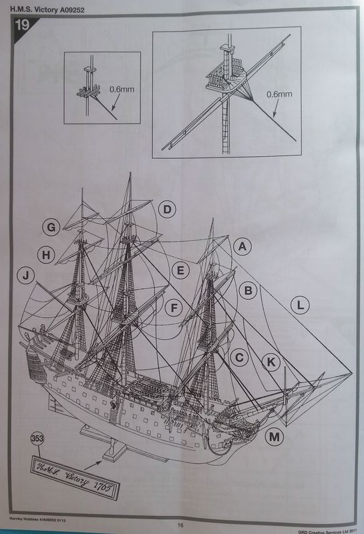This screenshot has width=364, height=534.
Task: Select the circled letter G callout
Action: [50, 228]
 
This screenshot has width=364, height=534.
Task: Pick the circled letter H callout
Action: [45, 254]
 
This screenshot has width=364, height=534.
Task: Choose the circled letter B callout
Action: [248, 290]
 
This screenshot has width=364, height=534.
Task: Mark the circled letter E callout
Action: [179, 270]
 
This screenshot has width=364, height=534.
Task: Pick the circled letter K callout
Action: [271, 361]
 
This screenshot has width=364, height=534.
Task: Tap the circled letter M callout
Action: [273, 437]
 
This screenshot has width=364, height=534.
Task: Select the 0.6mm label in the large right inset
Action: [280, 94]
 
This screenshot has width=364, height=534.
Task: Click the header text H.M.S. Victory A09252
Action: [44, 6]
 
